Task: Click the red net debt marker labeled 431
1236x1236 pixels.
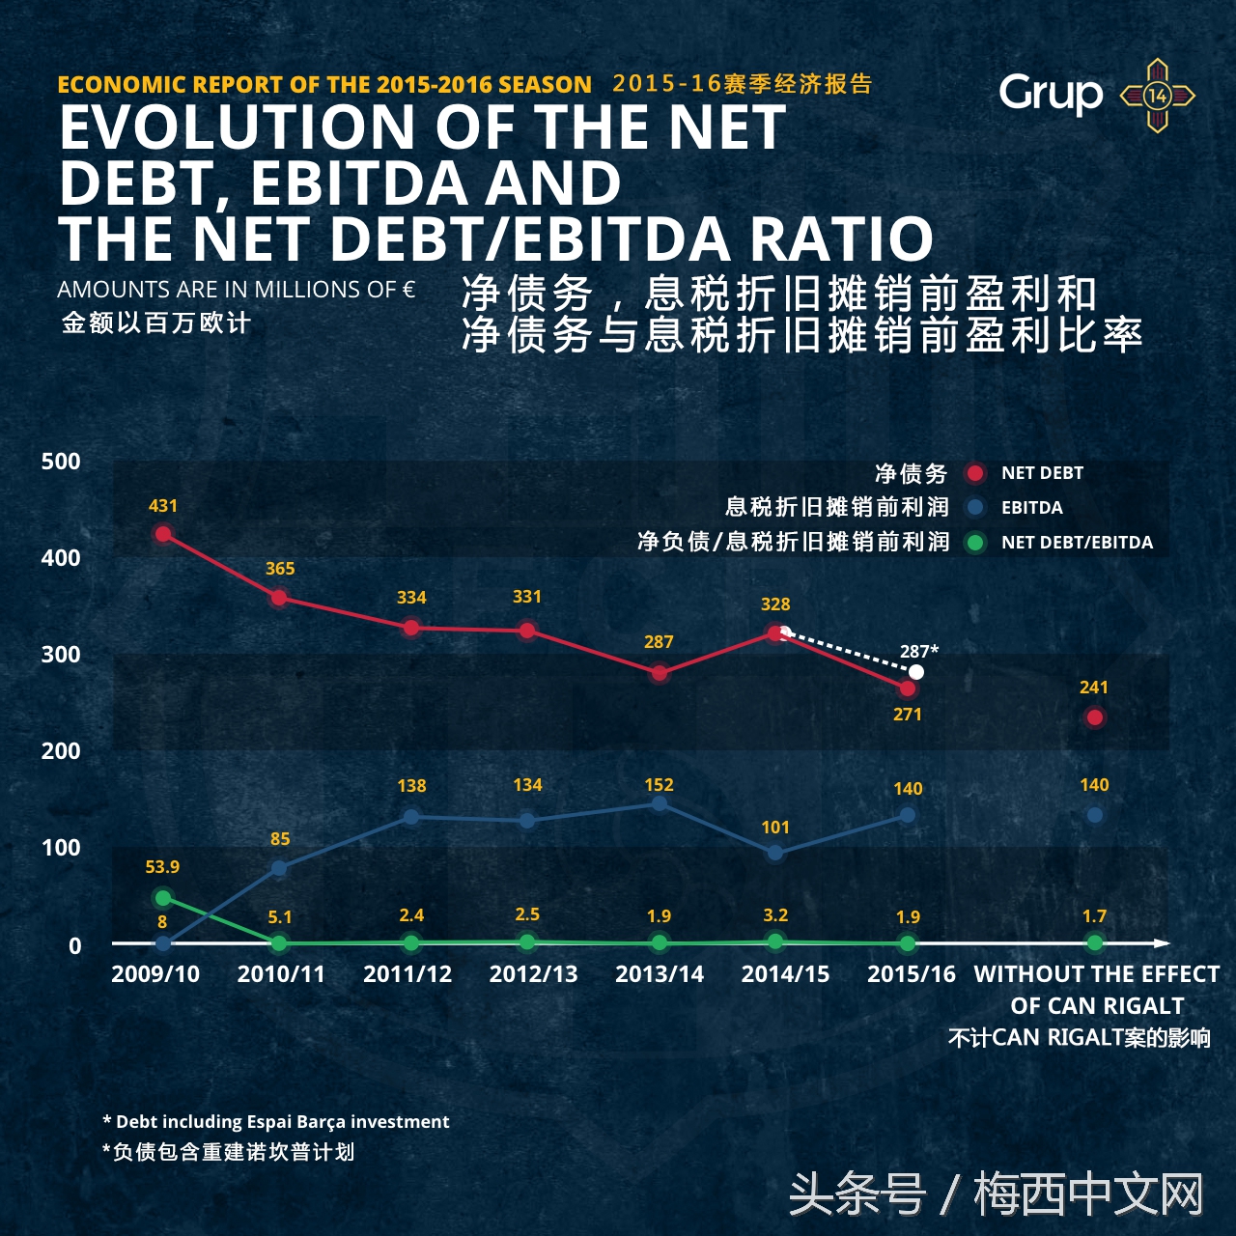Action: (x=163, y=534)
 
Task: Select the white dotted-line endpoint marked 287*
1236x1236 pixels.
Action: (x=916, y=672)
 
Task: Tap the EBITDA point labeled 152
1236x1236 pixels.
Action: (x=659, y=803)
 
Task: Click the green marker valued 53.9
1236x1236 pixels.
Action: (x=163, y=898)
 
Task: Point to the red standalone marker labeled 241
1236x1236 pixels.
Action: (x=1094, y=717)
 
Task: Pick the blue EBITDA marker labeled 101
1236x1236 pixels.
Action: (x=774, y=853)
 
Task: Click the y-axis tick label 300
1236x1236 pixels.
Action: (x=61, y=654)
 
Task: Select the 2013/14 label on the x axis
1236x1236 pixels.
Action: (x=660, y=973)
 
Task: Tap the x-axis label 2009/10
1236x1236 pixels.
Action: (x=155, y=973)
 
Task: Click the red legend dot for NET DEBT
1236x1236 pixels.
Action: (x=975, y=473)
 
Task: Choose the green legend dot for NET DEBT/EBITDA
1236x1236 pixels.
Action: (x=975, y=543)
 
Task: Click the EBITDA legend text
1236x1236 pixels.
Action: (x=1031, y=508)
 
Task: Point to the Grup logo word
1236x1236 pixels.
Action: (x=1051, y=94)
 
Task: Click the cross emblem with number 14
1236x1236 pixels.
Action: (x=1157, y=96)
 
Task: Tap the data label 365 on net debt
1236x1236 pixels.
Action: (x=280, y=569)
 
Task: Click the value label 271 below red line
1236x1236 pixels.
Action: (x=908, y=715)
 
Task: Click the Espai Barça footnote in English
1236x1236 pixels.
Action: (x=276, y=1121)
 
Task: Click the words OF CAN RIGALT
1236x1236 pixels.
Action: (x=1097, y=1005)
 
